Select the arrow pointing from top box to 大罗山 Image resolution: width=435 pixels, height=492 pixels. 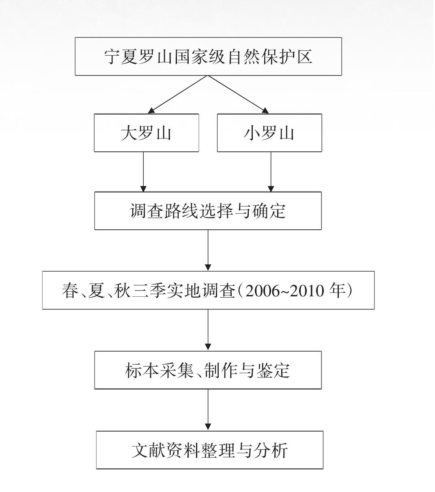pyautogui.click(x=178, y=95)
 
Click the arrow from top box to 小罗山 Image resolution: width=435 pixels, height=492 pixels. pyautogui.click(x=238, y=95)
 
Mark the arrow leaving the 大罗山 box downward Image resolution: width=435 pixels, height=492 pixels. pyautogui.click(x=143, y=172)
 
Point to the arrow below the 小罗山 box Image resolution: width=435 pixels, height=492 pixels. pyautogui.click(x=271, y=172)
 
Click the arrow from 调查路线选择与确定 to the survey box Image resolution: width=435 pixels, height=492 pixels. pyautogui.click(x=208, y=250)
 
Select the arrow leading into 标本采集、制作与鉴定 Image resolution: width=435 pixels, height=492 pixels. pyautogui.click(x=208, y=330)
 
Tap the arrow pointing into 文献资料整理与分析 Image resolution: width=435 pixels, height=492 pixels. pyautogui.click(x=208, y=410)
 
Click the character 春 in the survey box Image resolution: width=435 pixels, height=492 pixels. pyautogui.click(x=70, y=290)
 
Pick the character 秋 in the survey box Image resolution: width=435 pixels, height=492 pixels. pyautogui.click(x=122, y=290)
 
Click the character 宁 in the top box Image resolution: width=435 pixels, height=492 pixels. pyautogui.click(x=112, y=57)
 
